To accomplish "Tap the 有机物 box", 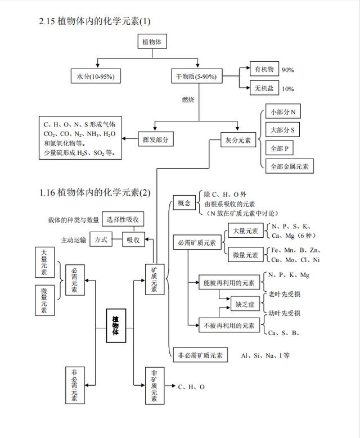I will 263,70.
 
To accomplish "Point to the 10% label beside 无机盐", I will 287,89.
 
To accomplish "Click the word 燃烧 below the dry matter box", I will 187,100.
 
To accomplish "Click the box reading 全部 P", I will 278,148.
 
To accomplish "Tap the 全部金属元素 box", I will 289,166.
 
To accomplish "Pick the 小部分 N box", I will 282,112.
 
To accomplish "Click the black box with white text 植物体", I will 116,326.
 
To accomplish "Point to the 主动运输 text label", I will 74,240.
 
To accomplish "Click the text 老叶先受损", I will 284,294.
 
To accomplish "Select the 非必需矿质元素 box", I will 200,355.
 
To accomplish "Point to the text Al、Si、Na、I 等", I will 265,355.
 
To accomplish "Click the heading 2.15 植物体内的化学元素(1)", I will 95,21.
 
